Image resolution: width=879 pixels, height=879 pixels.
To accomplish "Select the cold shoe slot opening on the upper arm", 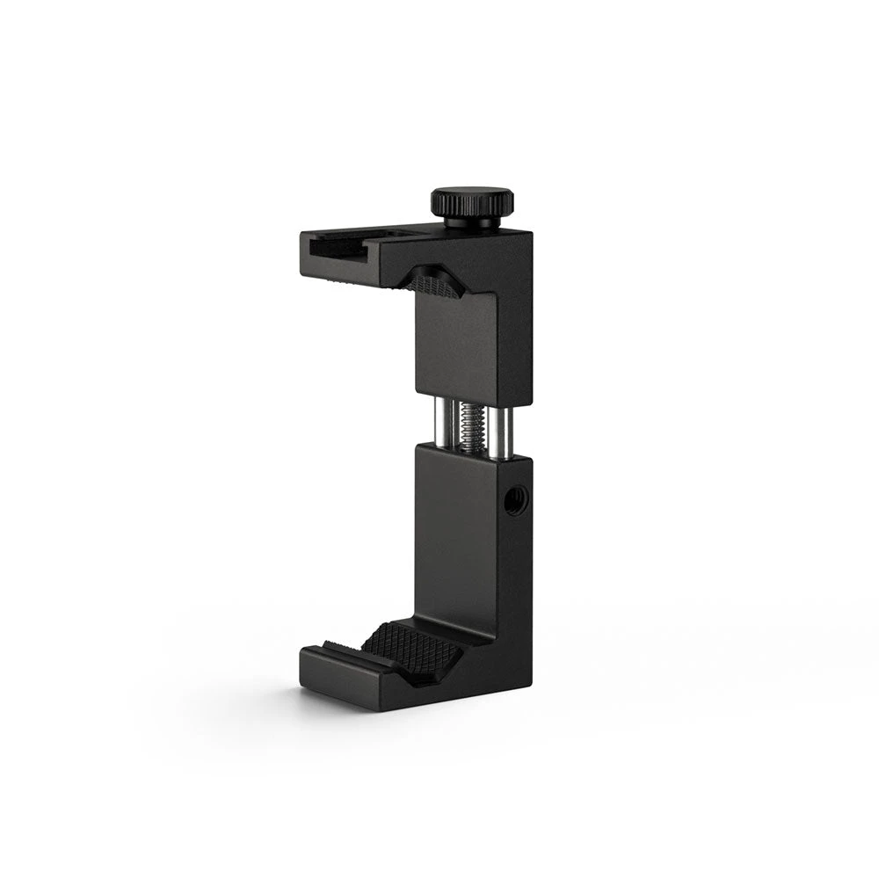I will click(338, 246).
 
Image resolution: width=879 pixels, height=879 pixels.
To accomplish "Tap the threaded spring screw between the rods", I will click(469, 427).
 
